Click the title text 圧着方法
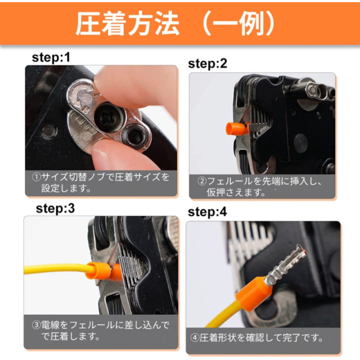(x=128, y=24)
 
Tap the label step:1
(x=51, y=57)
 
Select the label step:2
(x=208, y=64)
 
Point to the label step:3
(x=55, y=209)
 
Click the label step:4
(x=208, y=212)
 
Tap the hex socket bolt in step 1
(x=134, y=137)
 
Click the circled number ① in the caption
(x=37, y=177)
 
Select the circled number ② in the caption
(x=202, y=181)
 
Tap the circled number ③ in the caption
(x=36, y=325)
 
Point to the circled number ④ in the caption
(x=195, y=337)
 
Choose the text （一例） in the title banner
(x=238, y=24)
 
